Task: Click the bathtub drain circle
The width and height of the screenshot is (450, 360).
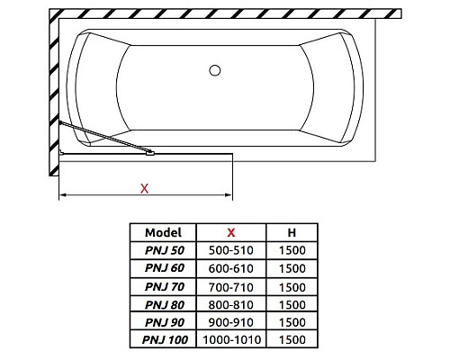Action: (215, 70)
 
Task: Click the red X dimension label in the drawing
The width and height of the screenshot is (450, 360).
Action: (145, 189)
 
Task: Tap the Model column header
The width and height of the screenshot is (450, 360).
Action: (163, 232)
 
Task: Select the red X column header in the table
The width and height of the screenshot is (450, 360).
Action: (231, 232)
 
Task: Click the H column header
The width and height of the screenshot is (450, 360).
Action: (292, 232)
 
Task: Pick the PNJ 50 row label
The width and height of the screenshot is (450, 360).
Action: (165, 250)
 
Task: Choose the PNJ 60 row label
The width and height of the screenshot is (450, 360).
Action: (165, 268)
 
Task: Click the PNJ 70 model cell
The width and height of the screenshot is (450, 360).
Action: (165, 287)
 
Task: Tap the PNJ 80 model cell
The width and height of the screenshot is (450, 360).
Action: (165, 305)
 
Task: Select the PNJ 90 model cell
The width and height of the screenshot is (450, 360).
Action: (165, 322)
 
